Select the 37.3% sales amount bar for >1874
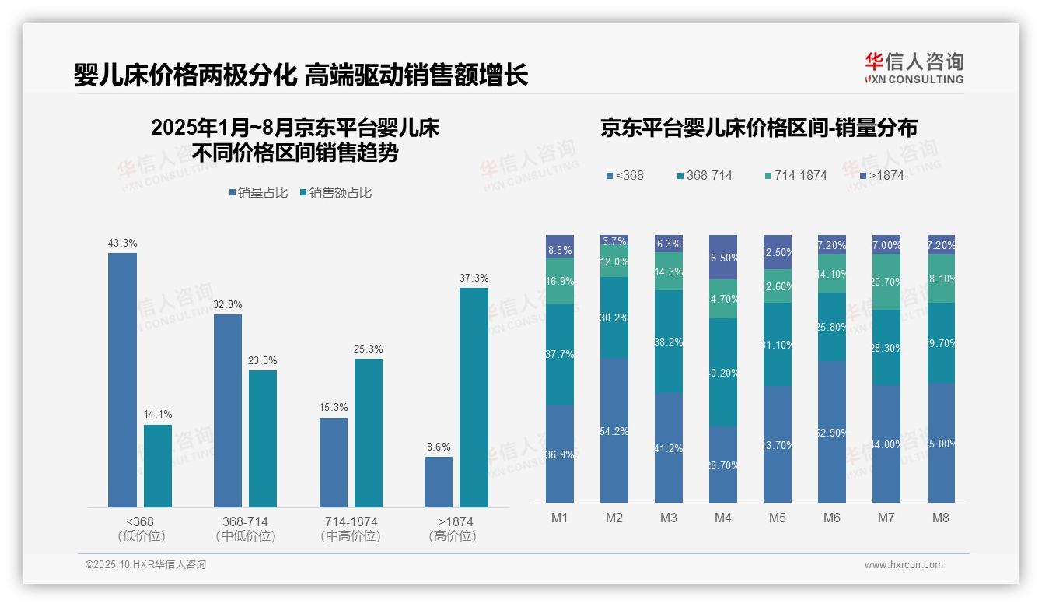click(474, 398)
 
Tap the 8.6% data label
click(439, 447)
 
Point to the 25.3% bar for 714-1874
click(369, 433)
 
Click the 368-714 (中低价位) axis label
click(245, 528)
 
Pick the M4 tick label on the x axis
click(722, 518)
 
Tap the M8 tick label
click(940, 518)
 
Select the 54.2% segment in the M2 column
click(614, 430)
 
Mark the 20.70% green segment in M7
click(886, 282)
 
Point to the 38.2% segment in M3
click(669, 342)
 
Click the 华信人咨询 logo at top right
click(914, 68)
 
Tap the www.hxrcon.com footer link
click(904, 565)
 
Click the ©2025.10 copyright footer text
click(145, 565)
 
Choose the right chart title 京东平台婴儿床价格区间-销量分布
click(758, 128)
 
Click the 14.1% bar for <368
click(158, 466)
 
